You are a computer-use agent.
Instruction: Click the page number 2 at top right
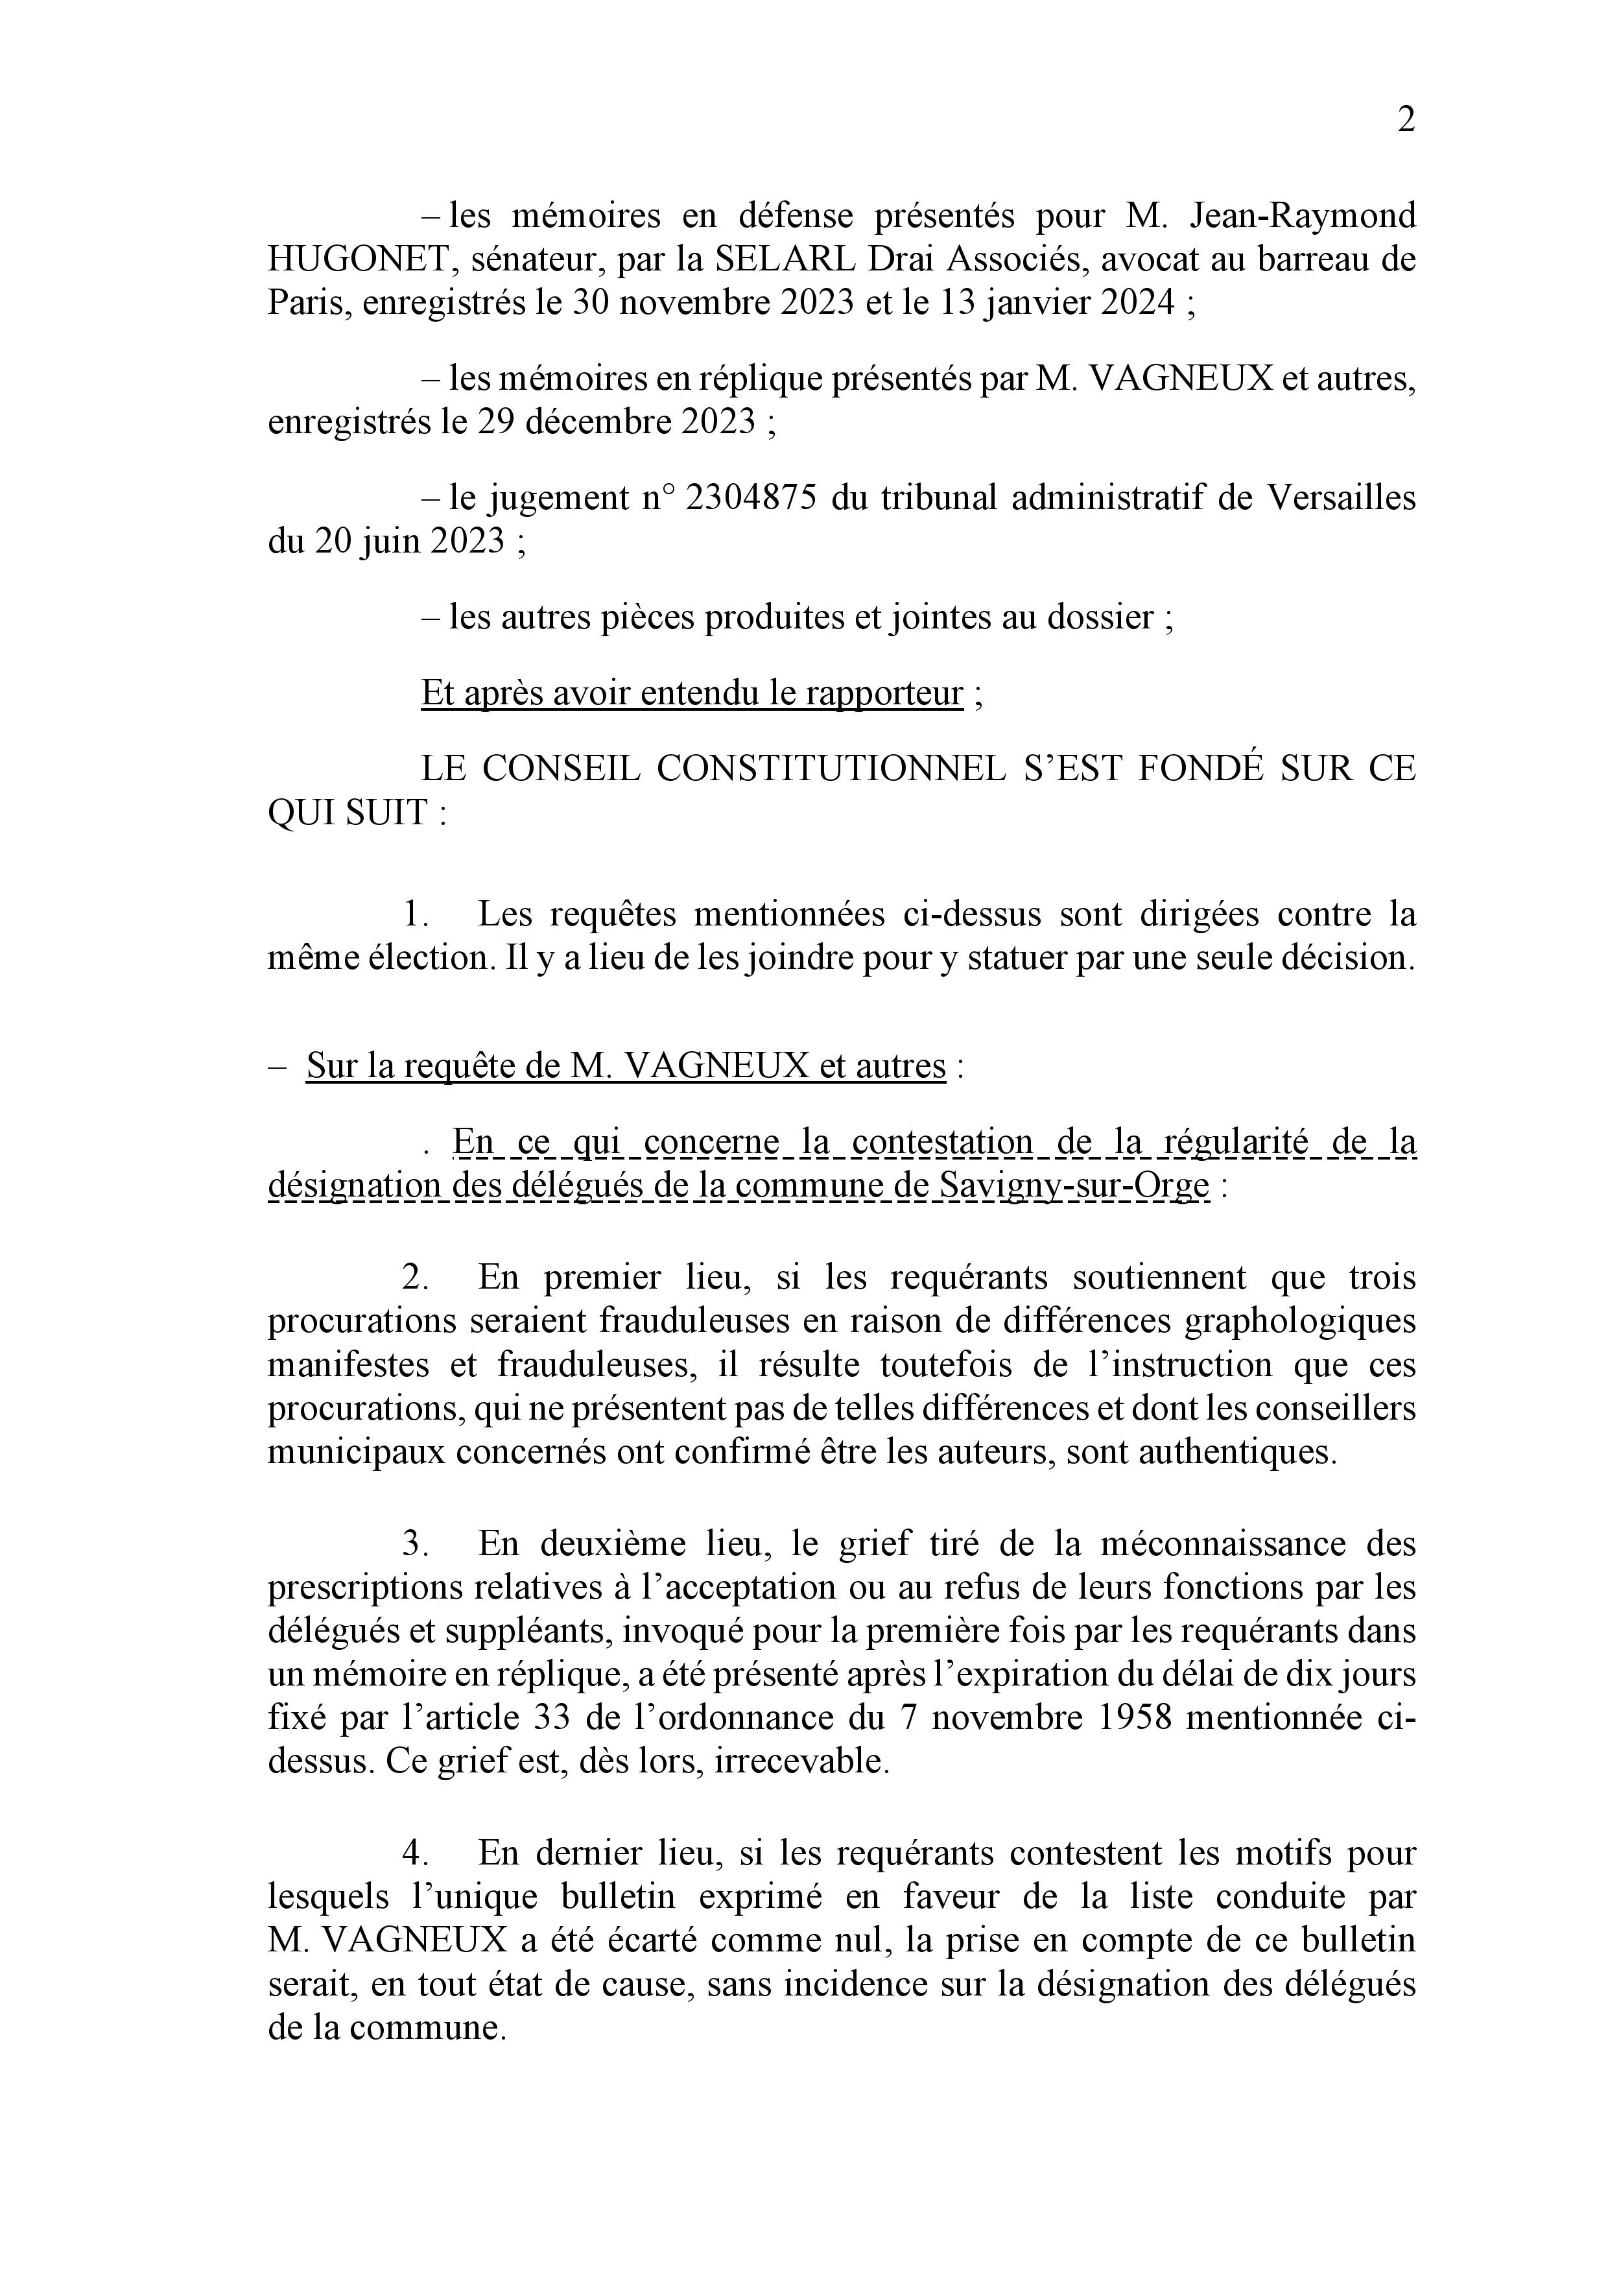1405,120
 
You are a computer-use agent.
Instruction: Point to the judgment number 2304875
751,497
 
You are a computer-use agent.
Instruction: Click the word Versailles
1342,497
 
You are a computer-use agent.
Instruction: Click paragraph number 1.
413,914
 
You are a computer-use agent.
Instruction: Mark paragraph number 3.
413,1543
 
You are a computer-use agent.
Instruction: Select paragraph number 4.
413,1853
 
